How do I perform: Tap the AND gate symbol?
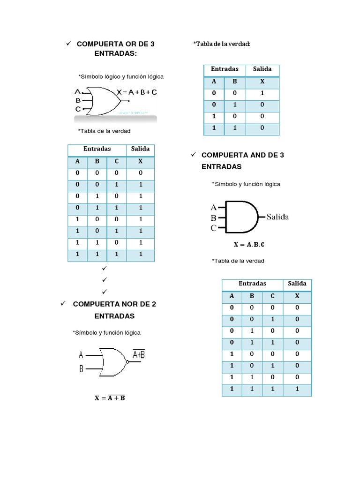(242, 217)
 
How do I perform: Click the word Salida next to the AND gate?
(278, 217)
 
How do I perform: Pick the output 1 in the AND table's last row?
(297, 389)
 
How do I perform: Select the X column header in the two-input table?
(262, 81)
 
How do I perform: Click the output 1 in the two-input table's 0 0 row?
(262, 93)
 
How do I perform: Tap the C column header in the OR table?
(116, 161)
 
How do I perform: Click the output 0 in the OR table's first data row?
(140, 173)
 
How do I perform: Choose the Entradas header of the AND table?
(252, 284)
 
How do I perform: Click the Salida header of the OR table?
(140, 149)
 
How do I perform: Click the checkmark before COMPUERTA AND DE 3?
(192, 154)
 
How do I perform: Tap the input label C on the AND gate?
(214, 228)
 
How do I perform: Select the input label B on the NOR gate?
(81, 369)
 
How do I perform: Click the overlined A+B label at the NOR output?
(139, 354)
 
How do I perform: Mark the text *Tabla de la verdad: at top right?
(222, 44)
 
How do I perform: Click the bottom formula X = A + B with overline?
(110, 398)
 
